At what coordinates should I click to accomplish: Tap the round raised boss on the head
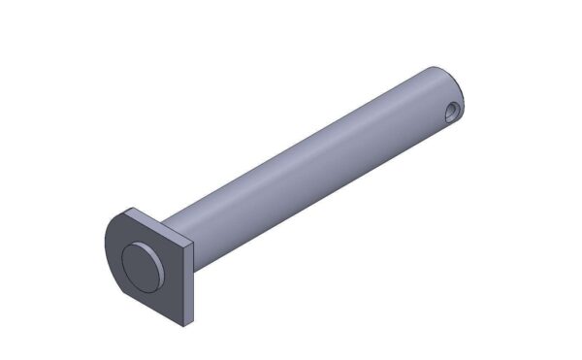coord(141,266)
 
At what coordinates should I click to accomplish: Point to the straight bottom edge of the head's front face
coord(155,304)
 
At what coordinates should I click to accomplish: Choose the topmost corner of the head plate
coord(130,208)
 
